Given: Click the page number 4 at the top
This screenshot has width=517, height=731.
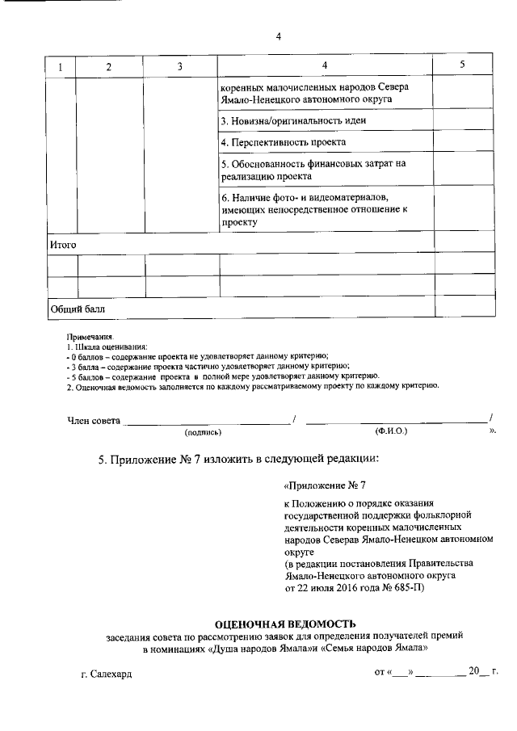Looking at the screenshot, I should (x=278, y=36).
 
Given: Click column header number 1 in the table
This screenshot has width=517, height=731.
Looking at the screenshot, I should (x=60, y=66).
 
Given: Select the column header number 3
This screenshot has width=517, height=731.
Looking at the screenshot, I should (x=180, y=66).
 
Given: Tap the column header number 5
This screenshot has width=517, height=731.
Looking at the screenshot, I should (x=463, y=65).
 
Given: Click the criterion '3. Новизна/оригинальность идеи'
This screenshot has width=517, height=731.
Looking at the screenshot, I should (x=293, y=121).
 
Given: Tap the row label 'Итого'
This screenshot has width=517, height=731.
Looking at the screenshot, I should (x=63, y=242).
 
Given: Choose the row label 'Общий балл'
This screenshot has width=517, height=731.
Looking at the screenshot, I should (x=78, y=308).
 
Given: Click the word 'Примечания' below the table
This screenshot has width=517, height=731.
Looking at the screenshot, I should (x=90, y=337).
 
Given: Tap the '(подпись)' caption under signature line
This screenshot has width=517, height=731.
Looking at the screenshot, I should (x=203, y=433).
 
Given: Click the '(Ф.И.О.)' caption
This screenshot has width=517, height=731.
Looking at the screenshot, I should (x=391, y=432).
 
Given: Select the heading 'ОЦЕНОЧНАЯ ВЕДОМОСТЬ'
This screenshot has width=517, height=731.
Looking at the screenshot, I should (x=284, y=624).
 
